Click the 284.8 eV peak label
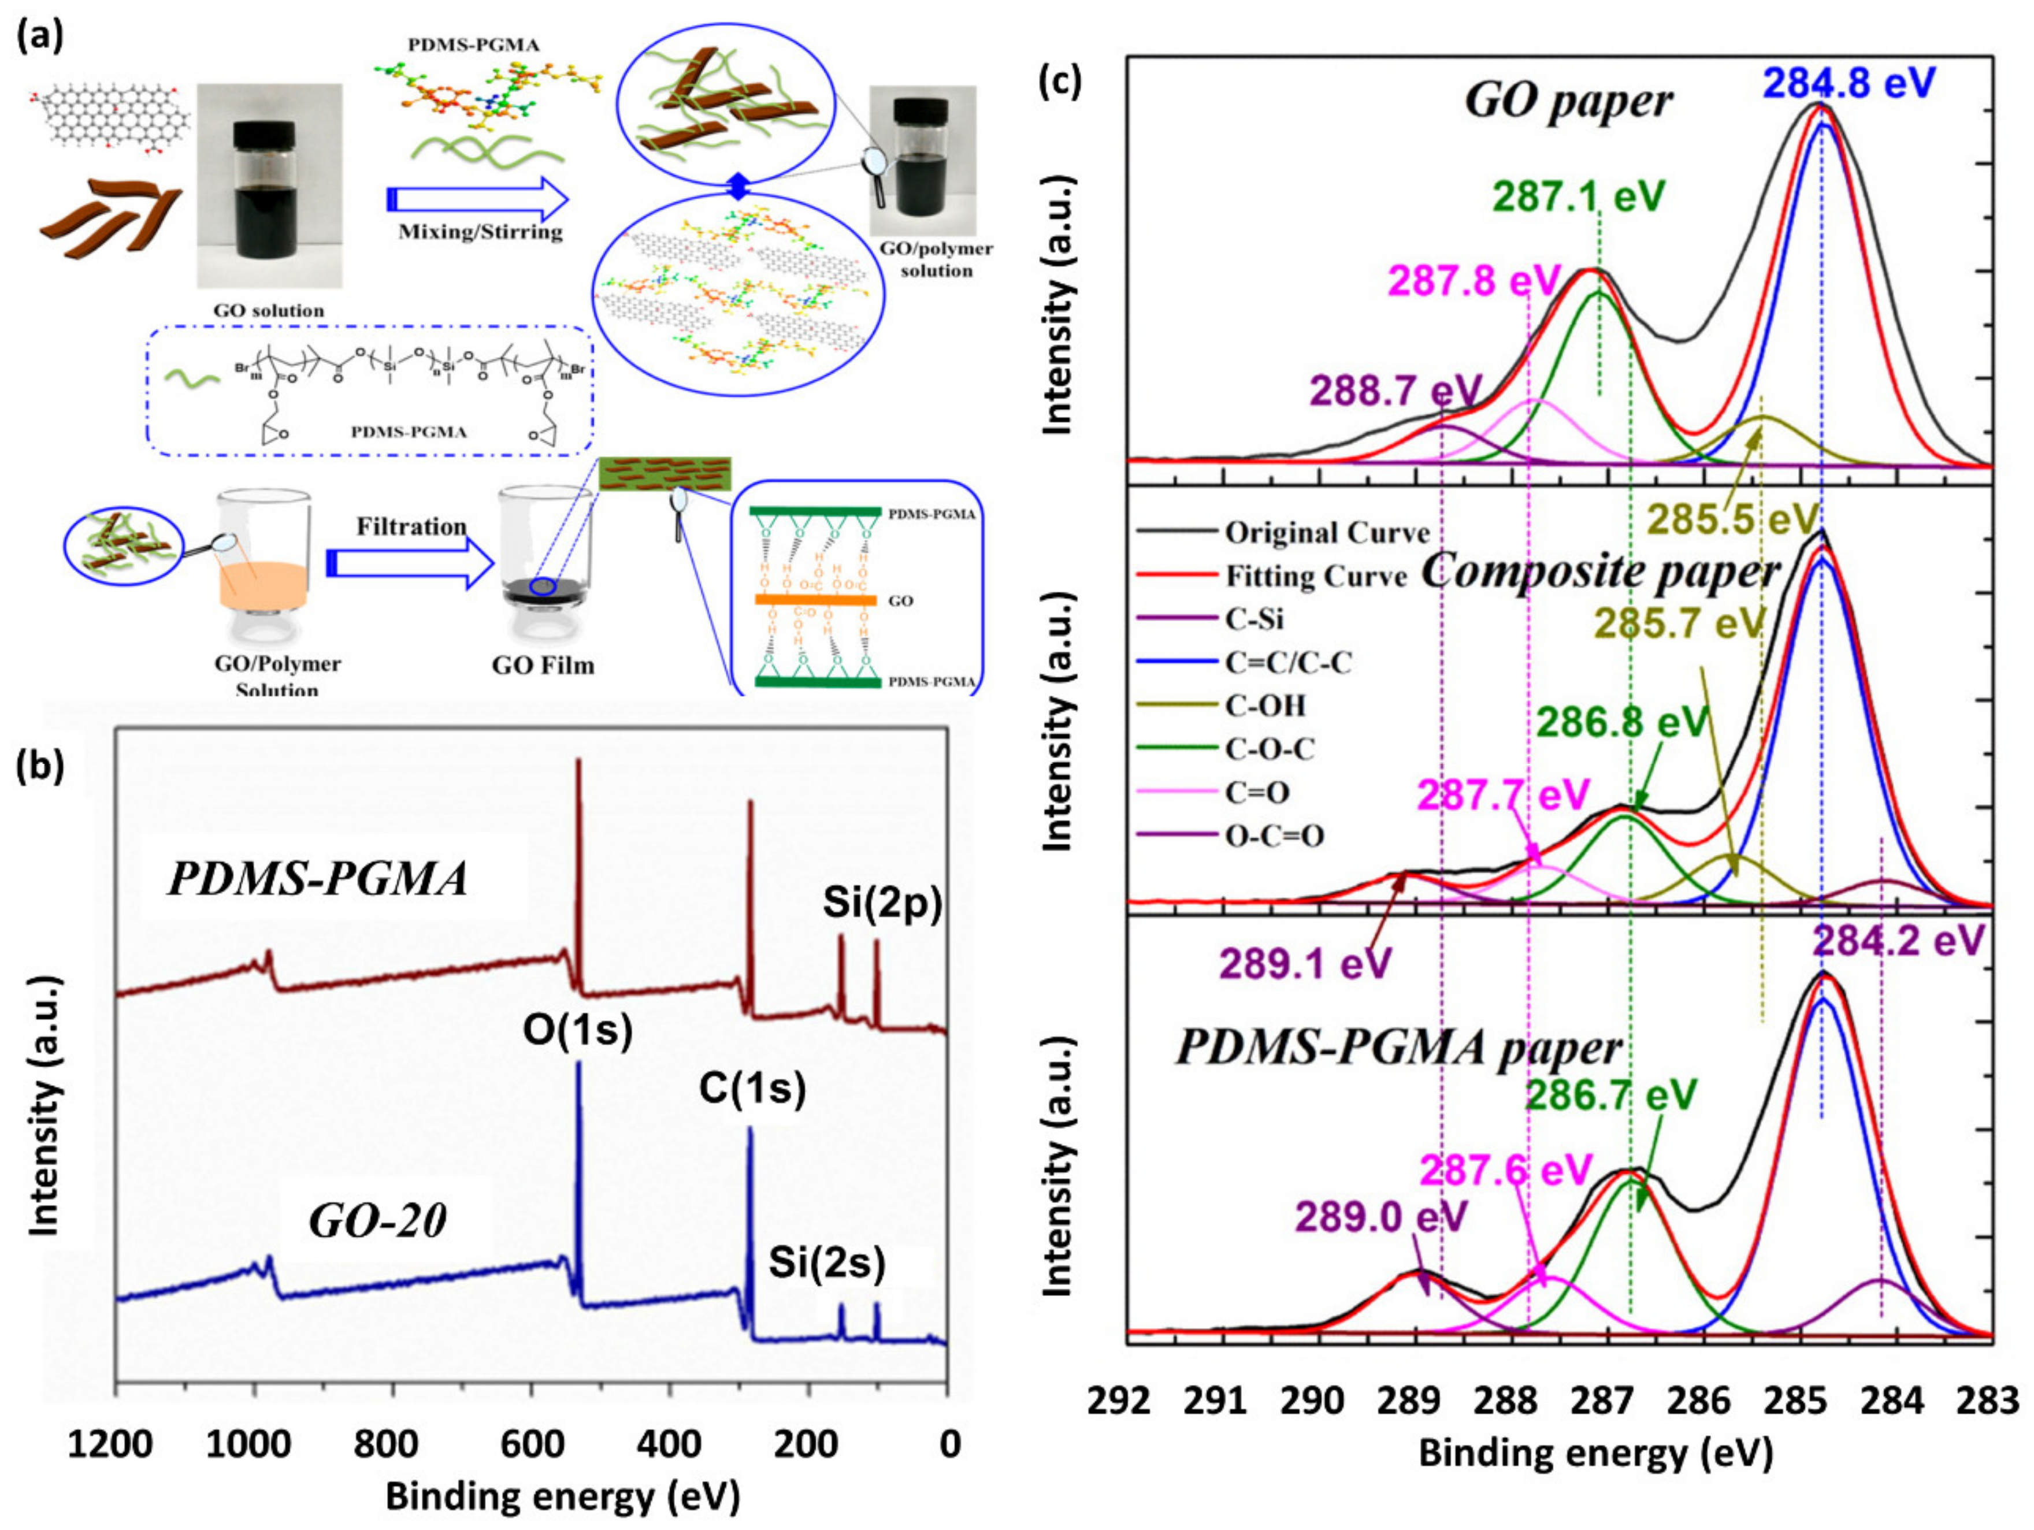1849,82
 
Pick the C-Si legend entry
1255,619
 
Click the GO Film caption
543,665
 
